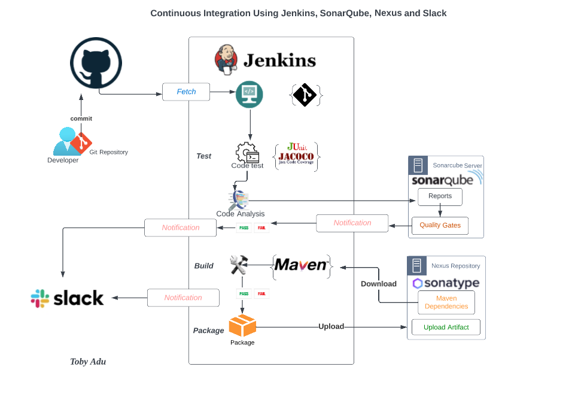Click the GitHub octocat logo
96,63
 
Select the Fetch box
186,92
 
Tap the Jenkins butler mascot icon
226,59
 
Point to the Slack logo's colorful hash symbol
40,298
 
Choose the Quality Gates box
440,225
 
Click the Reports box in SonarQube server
440,196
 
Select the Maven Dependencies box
446,302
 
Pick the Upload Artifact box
446,328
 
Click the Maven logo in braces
302,265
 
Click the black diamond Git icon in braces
306,95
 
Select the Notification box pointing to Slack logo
183,298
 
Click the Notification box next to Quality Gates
352,223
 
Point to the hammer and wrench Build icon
239,265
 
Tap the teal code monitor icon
249,94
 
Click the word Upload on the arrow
331,326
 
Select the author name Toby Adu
88,361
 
